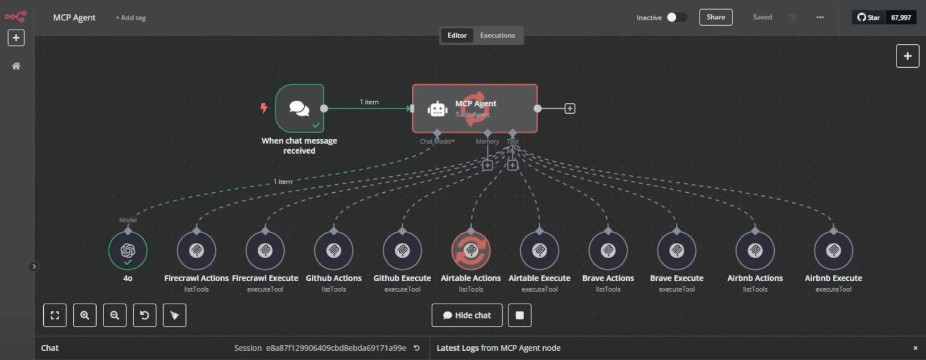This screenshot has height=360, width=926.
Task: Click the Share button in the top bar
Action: (x=716, y=17)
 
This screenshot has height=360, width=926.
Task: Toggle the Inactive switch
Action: (x=676, y=17)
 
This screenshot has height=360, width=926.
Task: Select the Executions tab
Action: (x=497, y=35)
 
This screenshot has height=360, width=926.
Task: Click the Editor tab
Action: (x=457, y=35)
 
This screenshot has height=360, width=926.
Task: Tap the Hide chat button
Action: (x=467, y=315)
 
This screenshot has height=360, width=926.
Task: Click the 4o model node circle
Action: (x=128, y=250)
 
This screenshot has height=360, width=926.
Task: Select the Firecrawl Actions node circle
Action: (x=196, y=250)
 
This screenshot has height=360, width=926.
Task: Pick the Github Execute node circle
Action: (x=402, y=250)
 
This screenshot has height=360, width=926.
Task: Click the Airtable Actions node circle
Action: (x=471, y=250)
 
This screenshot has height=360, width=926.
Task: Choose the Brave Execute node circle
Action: (x=677, y=250)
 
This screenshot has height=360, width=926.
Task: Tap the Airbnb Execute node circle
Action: (x=833, y=250)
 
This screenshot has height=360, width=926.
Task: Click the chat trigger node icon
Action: (x=299, y=108)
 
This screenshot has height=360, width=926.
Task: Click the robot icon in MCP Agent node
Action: (x=437, y=109)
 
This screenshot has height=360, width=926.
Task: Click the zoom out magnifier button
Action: (x=115, y=315)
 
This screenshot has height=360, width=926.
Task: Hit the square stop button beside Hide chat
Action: (x=519, y=315)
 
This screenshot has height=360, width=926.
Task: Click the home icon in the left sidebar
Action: (x=16, y=66)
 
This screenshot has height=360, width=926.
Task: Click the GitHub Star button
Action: (x=869, y=17)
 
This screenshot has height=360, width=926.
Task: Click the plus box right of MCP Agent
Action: (x=569, y=108)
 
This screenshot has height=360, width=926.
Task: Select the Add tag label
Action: (x=131, y=18)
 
